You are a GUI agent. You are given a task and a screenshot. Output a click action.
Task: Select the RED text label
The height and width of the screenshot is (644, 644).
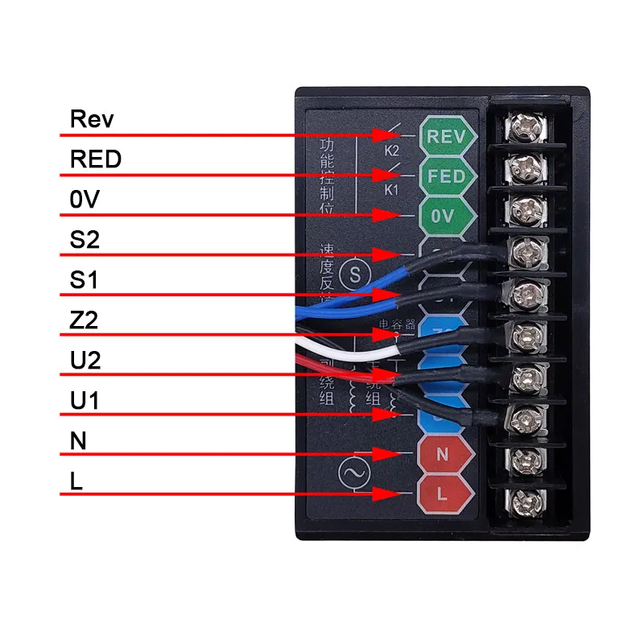click(96, 159)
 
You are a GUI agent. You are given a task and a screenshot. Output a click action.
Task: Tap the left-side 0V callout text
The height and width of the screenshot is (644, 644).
click(84, 200)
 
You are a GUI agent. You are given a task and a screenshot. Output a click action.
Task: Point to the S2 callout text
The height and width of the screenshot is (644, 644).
click(85, 240)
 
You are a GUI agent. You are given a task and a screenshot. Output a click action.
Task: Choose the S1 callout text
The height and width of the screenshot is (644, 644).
click(85, 280)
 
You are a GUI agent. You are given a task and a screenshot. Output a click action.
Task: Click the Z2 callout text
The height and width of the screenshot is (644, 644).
click(85, 320)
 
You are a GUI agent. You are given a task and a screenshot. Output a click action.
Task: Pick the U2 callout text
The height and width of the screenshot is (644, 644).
click(85, 361)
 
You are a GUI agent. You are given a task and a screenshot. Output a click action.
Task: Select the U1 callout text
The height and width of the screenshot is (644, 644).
click(85, 400)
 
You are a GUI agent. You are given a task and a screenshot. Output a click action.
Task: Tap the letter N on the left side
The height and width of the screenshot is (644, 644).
click(78, 441)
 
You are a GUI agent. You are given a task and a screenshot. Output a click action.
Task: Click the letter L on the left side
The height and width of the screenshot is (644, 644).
click(76, 481)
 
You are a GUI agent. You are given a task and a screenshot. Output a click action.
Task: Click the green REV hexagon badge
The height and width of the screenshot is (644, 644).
click(446, 137)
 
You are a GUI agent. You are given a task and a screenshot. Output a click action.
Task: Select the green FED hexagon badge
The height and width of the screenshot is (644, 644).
click(446, 176)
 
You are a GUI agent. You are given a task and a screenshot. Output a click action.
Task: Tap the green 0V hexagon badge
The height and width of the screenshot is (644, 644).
click(442, 215)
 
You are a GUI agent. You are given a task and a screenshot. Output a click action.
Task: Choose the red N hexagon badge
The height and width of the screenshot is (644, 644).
click(442, 454)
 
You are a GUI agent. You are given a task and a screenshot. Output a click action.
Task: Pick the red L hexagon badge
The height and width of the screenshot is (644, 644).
click(442, 492)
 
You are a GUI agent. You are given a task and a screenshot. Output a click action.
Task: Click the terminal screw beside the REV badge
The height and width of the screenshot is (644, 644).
click(525, 127)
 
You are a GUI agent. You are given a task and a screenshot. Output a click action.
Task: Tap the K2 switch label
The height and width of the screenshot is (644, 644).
click(391, 150)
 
